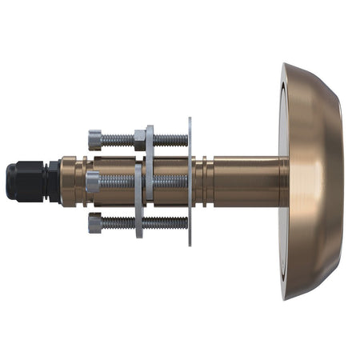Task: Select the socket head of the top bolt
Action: tap(95, 139)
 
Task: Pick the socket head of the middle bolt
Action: tap(93, 182)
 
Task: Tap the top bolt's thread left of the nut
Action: tap(118, 139)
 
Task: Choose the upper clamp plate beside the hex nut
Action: tap(150, 152)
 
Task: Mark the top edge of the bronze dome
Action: tap(304, 69)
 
